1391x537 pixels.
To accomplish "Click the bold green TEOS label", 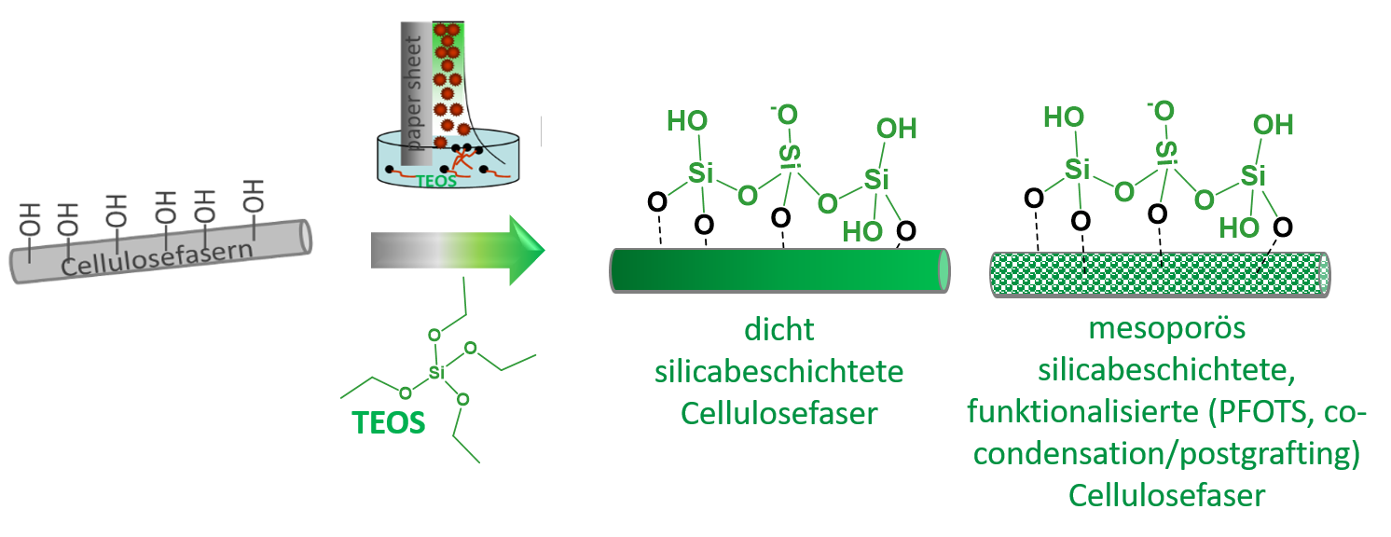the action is pos(389,423).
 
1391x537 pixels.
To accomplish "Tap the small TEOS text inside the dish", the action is pos(436,181).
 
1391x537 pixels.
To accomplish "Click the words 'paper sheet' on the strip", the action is pos(414,93).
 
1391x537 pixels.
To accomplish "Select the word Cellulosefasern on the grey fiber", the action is pos(158,258).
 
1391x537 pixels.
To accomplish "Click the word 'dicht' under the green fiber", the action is pos(778,330).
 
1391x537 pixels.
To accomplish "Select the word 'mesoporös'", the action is pos(1167,328).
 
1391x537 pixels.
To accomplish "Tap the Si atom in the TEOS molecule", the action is pos(436,373).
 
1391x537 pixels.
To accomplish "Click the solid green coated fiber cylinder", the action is pos(780,270).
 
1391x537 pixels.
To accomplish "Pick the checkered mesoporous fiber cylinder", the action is pos(1160,274).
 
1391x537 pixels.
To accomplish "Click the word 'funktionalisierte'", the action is pos(1082,412).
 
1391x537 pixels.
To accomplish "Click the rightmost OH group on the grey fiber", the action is pos(254,196).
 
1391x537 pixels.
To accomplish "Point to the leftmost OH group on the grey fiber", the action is pos(29,219).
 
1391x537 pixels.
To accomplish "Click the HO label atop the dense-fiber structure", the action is pos(687,121).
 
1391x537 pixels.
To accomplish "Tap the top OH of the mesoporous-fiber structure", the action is pos(1273,126).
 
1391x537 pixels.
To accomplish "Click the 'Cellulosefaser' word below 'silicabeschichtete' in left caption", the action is pos(778,414).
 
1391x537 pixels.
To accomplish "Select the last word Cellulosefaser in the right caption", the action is pos(1167,496).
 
